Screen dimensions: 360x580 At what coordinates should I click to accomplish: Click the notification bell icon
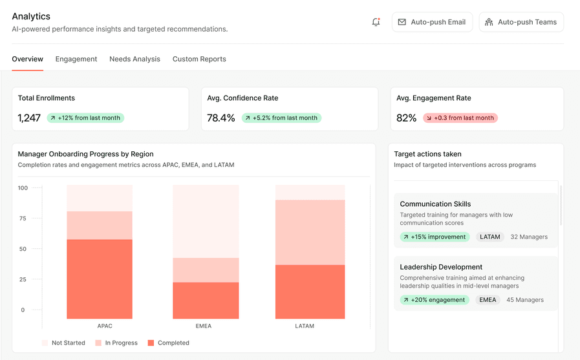[x=376, y=22]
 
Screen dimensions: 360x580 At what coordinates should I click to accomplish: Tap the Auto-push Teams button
[x=521, y=22]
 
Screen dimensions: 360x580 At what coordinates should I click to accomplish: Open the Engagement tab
[x=76, y=59]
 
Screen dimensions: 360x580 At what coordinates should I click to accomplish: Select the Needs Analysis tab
[x=134, y=59]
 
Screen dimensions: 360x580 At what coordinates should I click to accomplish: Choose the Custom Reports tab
[x=199, y=59]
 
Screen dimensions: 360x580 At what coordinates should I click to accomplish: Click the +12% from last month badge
[x=85, y=118]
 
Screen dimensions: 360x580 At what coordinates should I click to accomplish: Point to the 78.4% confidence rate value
[x=221, y=118]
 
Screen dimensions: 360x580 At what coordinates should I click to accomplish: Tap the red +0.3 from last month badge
[x=460, y=118]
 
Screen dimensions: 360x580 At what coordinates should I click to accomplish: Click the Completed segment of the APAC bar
[x=100, y=279]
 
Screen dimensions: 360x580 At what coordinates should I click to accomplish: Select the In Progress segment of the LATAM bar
[x=310, y=232]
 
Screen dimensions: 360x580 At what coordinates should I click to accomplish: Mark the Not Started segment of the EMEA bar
[x=206, y=221]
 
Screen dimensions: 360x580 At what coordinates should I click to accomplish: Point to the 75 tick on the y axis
[x=23, y=218]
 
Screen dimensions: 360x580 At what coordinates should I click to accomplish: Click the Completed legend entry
[x=169, y=343]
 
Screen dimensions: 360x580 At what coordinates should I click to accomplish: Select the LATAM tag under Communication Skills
[x=490, y=237]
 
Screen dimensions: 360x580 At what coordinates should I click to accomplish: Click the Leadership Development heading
[x=441, y=267]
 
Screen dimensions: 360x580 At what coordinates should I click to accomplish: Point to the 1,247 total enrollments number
[x=29, y=118]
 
